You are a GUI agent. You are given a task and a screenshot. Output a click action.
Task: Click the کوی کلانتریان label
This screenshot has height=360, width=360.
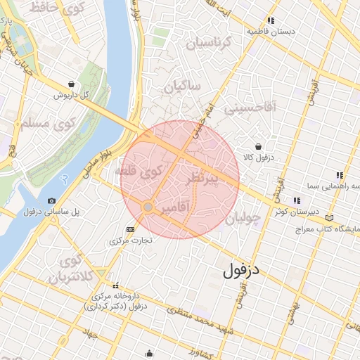[x=71, y=270]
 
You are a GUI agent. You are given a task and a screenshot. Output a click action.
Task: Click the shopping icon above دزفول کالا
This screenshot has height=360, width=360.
[x=259, y=146]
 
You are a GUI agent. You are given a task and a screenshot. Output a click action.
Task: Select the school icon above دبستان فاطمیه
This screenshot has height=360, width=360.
[x=271, y=20]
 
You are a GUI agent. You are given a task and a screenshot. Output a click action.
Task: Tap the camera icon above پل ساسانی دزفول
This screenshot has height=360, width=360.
[x=51, y=201]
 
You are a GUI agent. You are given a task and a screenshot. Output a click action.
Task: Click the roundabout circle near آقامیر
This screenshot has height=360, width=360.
[x=148, y=207]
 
